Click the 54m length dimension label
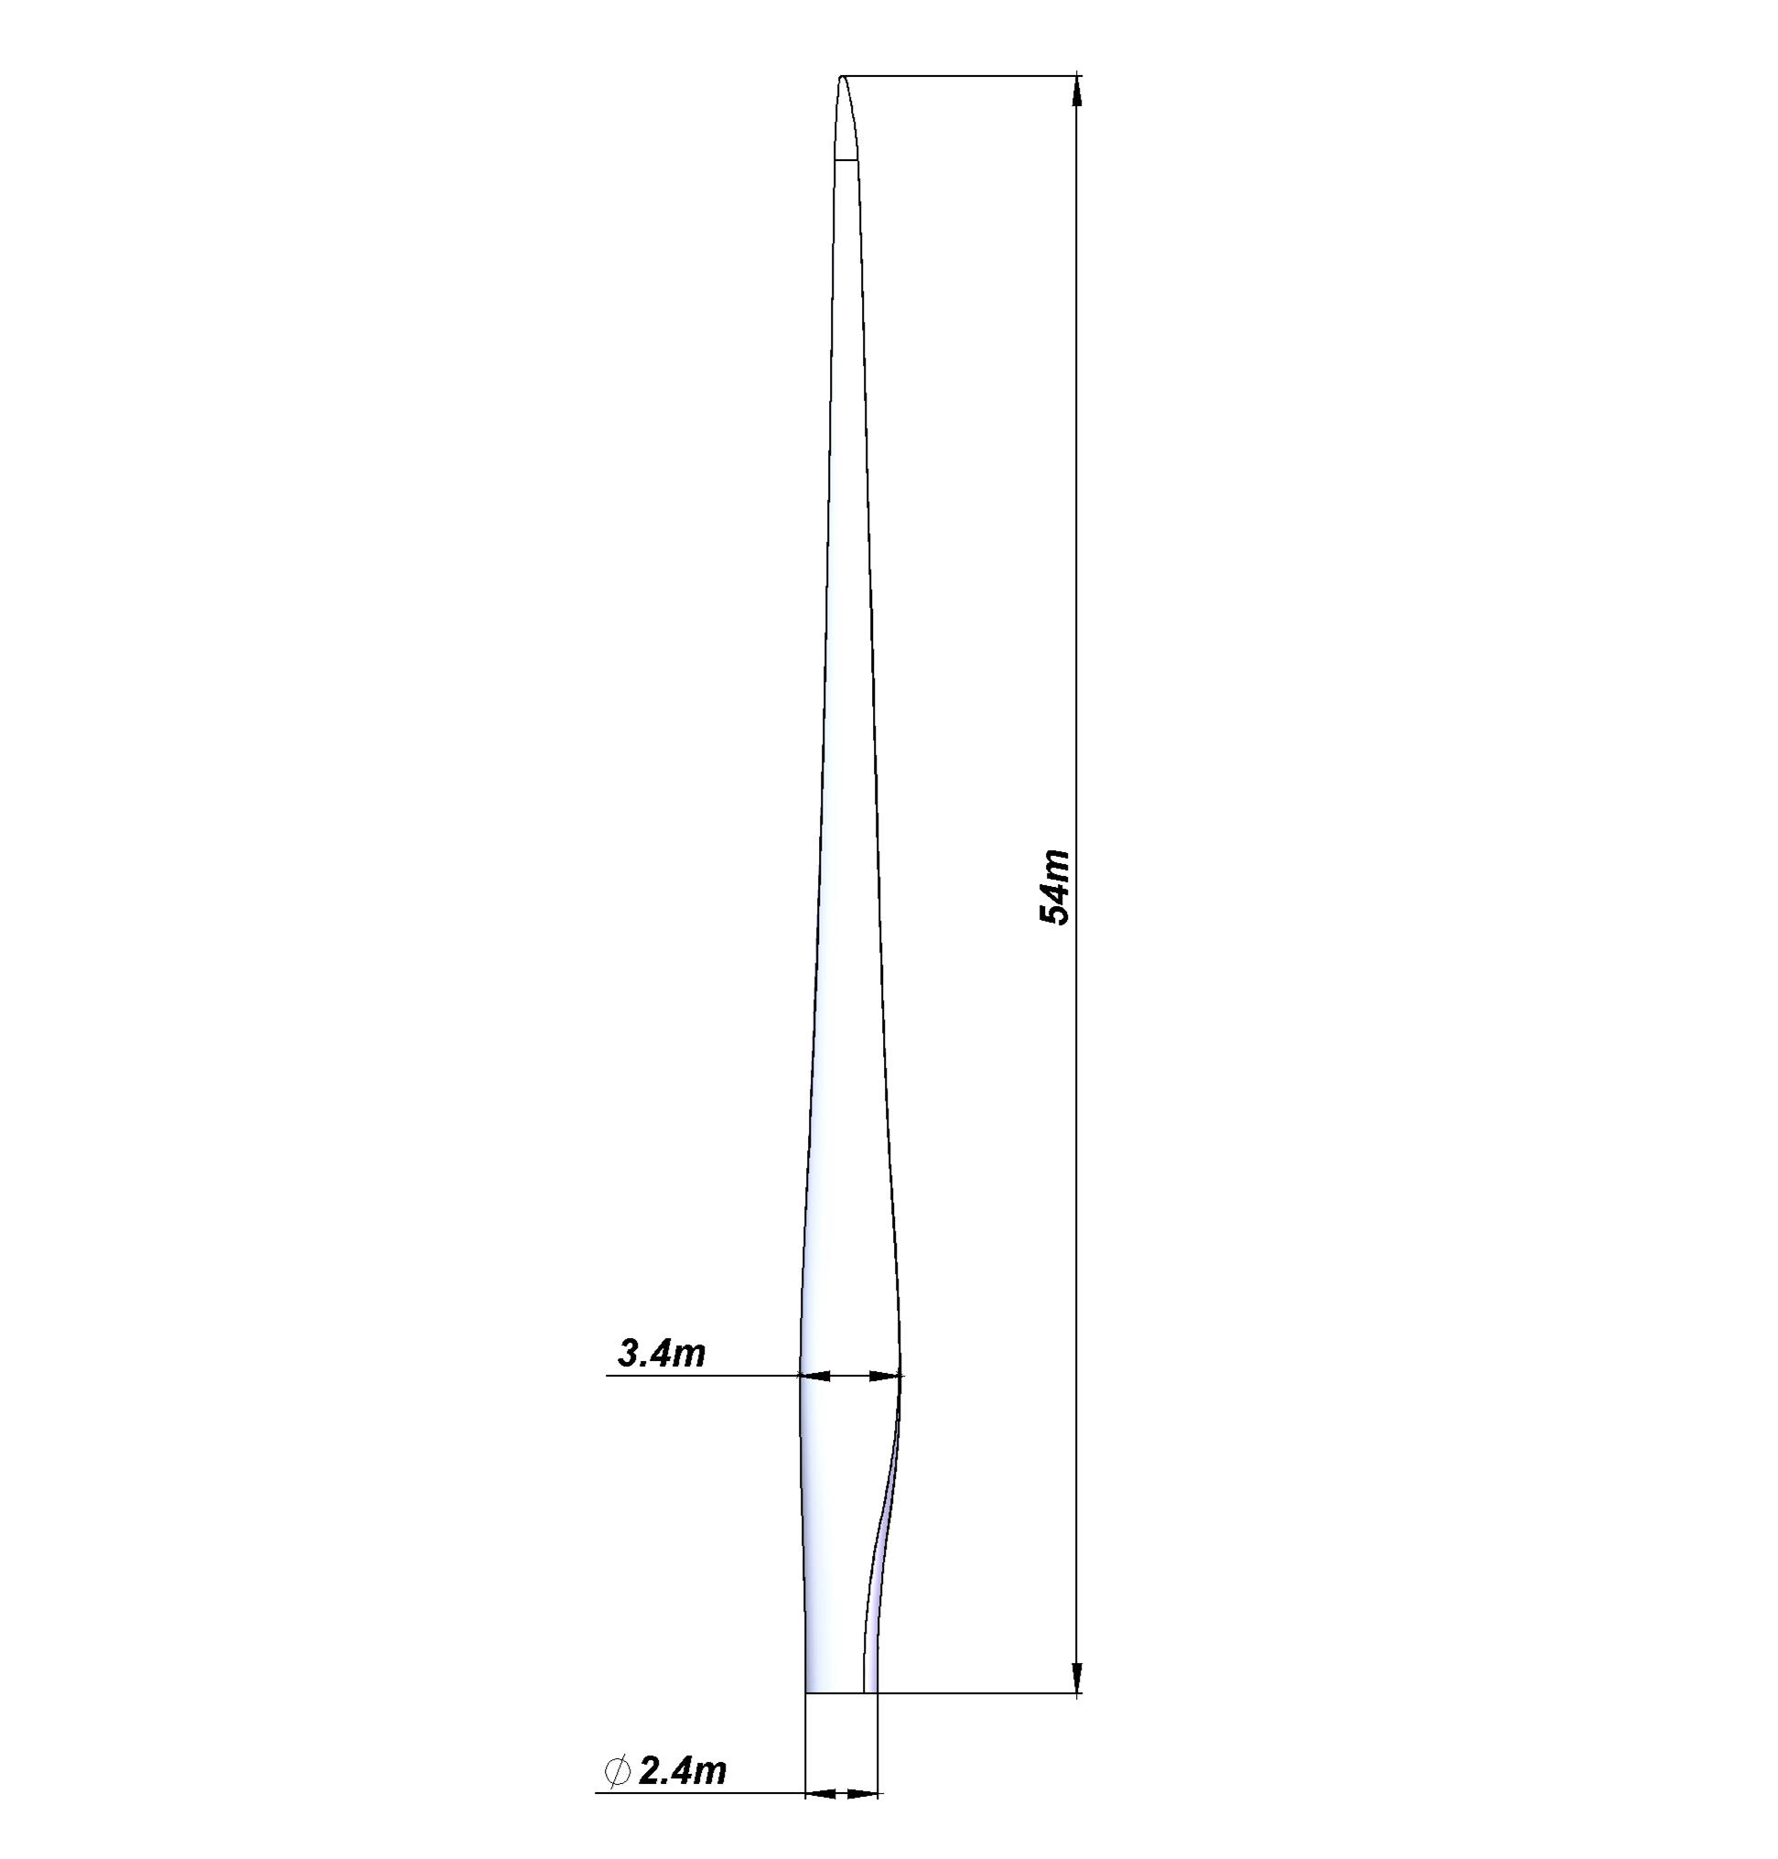click(1055, 887)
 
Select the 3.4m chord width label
click(662, 1353)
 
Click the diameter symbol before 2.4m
click(617, 1771)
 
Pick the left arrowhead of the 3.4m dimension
click(815, 1376)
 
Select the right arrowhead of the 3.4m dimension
click(885, 1376)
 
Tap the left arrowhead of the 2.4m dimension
click(821, 1794)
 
